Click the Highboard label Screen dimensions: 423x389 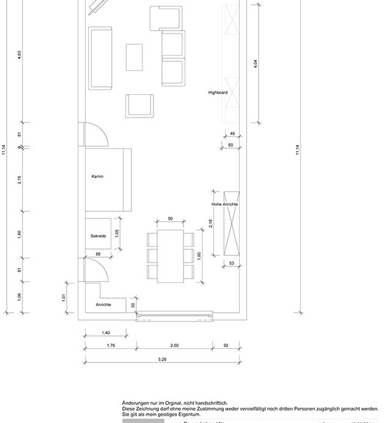click(218, 92)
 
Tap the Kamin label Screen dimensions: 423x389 click(97, 176)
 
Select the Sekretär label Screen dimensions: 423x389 click(98, 235)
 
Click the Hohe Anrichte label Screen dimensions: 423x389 click(225, 204)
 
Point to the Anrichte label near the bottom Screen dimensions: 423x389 click(103, 305)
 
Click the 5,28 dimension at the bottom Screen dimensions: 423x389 click(163, 359)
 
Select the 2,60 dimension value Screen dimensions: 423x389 click(174, 345)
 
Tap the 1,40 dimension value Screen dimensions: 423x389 click(105, 332)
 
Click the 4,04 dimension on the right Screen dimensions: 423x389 click(256, 63)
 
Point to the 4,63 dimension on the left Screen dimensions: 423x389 click(20, 55)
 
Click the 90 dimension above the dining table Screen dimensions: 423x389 click(170, 219)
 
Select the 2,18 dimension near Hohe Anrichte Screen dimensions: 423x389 click(211, 224)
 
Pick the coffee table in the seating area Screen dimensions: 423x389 click(135, 57)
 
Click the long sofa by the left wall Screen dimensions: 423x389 click(101, 58)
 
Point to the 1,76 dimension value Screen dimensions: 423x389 click(111, 345)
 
